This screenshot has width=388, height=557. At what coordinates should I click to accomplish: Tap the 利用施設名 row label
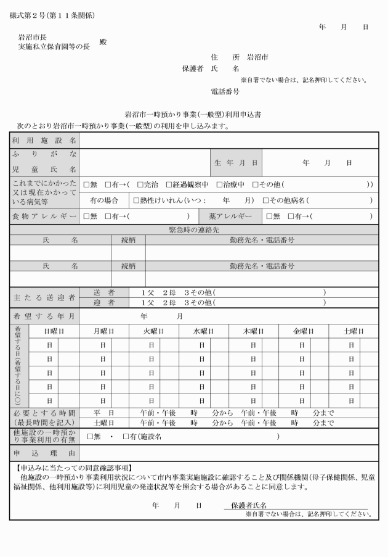pos(44,141)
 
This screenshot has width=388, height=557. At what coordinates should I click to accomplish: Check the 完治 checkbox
pos(140,184)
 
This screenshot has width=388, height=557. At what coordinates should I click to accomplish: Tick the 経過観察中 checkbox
pos(169,184)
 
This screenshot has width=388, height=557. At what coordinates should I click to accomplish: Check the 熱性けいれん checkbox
pos(137,200)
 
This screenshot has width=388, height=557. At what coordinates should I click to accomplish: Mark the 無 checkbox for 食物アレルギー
pos(86,217)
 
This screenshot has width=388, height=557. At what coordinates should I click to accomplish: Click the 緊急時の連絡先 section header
pos(193,229)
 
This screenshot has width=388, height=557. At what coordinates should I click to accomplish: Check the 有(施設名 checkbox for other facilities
pos(126,437)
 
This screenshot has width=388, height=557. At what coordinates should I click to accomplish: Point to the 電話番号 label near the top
pos(225,91)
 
